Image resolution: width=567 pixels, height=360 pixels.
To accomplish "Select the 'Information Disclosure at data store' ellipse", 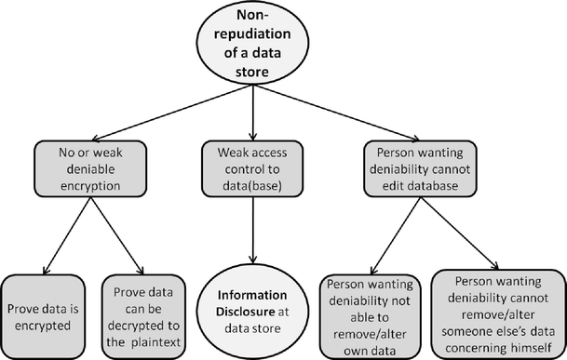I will click(x=254, y=309).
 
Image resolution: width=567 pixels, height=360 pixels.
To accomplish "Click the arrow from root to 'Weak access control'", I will click(x=254, y=112).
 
